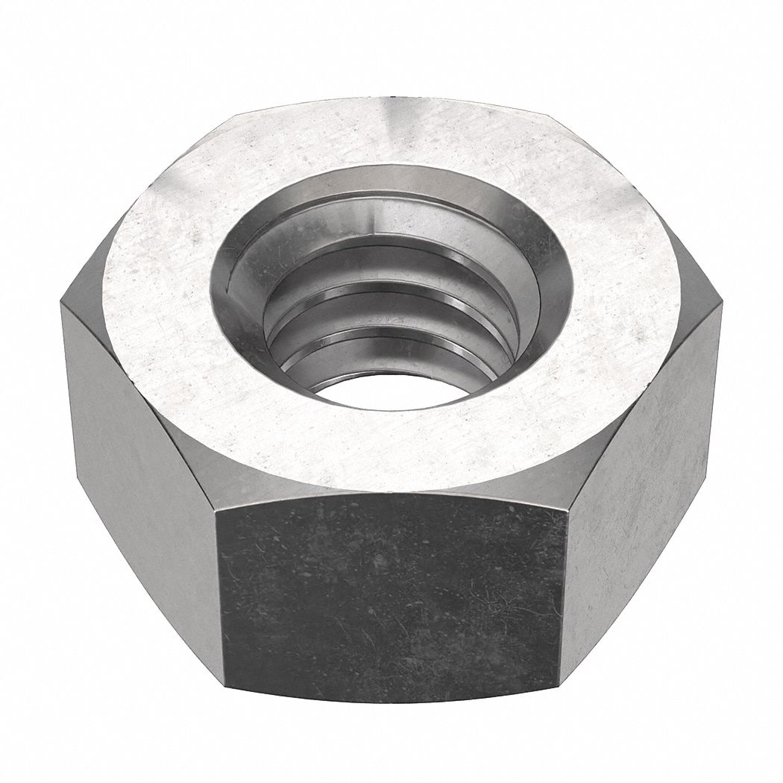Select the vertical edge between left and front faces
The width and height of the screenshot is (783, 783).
pyautogui.click(x=219, y=589)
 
